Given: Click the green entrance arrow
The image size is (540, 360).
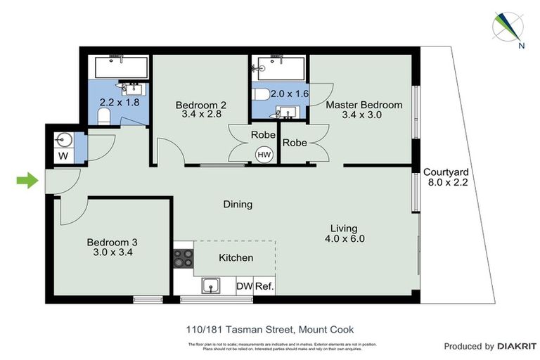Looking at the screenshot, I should point(27,181).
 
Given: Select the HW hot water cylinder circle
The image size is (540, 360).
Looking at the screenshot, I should point(264,154).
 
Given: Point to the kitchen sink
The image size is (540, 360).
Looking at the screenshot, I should point(211,285).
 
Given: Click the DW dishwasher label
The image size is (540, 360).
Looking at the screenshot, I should point(244,286).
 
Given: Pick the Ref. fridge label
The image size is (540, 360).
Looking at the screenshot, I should point(264,286).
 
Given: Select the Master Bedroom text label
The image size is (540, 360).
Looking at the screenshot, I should point(364,105).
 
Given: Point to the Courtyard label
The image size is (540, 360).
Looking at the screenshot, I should point(446,171).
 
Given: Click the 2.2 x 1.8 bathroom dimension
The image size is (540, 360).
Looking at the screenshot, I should point(119,102).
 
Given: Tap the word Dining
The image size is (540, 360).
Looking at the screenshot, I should point(238,205).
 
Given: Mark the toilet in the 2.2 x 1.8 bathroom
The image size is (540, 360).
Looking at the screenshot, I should point(104,115).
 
